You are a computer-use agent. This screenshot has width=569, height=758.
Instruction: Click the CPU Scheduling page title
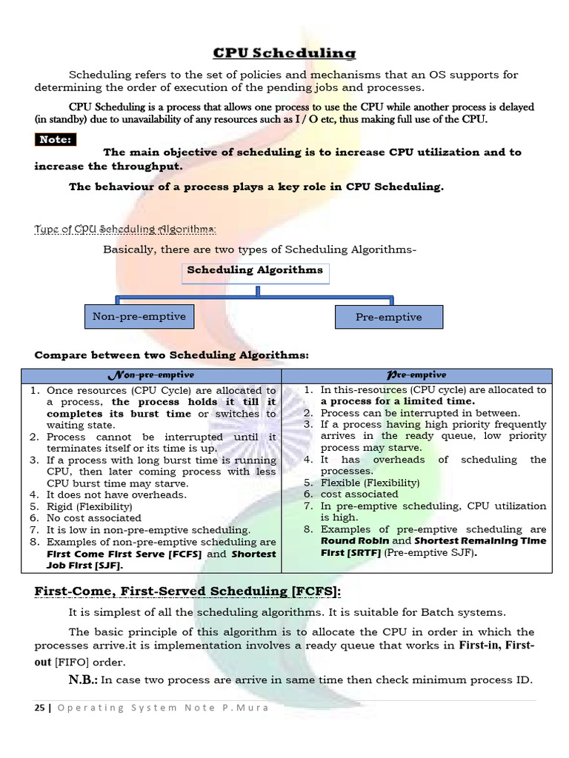[284, 53]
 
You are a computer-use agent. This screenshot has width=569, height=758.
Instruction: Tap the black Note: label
[56, 139]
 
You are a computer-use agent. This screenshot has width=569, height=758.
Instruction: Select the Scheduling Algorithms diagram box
[255, 271]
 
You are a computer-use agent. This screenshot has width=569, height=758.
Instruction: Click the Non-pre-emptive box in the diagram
[139, 317]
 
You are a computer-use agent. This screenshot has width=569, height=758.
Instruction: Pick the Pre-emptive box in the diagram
[388, 318]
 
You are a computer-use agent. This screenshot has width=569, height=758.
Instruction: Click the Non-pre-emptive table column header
[158, 375]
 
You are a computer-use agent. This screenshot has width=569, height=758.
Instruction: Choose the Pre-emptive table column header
[416, 375]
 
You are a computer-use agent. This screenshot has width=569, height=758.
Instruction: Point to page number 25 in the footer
[39, 707]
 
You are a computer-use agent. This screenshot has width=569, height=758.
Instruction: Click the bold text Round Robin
[354, 541]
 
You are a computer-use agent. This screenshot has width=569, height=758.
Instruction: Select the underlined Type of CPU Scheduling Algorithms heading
[126, 229]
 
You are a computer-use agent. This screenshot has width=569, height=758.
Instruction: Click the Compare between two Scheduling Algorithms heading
[172, 355]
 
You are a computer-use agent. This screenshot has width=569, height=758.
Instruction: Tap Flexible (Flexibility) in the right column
[370, 483]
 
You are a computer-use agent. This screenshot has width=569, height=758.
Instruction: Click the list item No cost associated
[93, 518]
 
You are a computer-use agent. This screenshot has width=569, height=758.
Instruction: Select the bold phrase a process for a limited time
[398, 401]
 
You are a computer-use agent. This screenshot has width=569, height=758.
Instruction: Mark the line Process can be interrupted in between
[420, 413]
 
